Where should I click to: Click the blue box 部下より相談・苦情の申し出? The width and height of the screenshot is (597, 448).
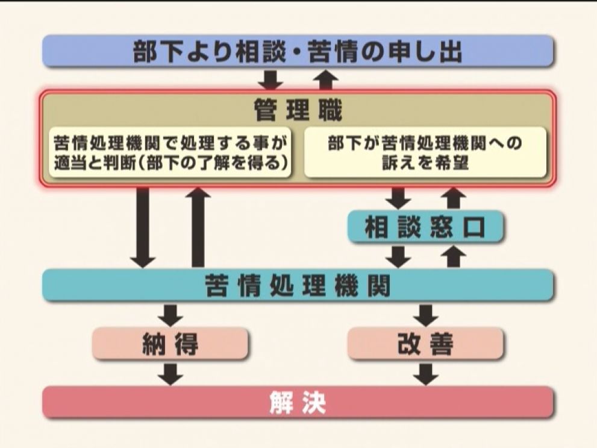298,51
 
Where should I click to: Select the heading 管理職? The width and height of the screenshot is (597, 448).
298,110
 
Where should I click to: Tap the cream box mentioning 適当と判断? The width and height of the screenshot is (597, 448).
170,153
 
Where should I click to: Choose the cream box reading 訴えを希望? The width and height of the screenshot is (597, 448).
425,153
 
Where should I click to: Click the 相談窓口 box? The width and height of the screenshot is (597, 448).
425,227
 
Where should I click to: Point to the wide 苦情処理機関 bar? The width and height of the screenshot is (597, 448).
298,285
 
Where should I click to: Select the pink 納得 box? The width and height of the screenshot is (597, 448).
170,343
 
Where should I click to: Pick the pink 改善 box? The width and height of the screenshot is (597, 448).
425,343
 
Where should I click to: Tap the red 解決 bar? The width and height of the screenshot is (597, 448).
298,402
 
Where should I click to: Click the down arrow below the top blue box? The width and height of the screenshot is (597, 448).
270,80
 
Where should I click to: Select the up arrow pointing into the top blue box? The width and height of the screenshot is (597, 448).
325,80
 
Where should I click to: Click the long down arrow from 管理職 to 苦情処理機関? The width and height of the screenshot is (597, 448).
143,227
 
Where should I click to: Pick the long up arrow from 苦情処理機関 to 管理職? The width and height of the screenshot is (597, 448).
198,227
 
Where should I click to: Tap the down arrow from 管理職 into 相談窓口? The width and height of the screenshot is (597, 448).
398,198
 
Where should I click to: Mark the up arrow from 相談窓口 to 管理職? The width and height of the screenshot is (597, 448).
454,198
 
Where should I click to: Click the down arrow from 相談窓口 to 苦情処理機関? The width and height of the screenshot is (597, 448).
398,257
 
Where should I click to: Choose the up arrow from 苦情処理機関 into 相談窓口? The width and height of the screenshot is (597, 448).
454,257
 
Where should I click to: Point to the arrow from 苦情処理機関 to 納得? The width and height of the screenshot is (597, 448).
170,315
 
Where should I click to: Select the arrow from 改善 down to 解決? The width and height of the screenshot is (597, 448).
426,374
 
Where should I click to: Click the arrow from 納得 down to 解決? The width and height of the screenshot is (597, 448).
170,374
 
